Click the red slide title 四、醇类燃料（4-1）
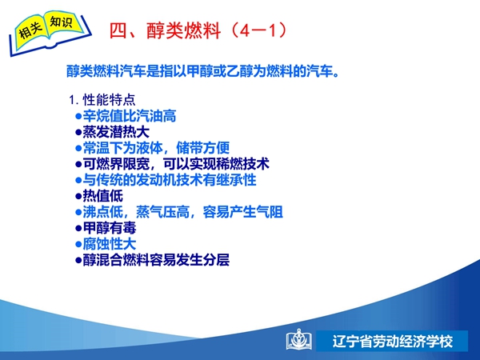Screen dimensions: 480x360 click(198, 30)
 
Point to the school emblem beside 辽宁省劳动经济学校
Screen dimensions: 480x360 click(299, 339)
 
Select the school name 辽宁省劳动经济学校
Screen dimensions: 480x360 click(392, 342)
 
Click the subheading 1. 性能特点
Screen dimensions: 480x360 click(102, 100)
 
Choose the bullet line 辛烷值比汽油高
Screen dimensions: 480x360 click(126, 116)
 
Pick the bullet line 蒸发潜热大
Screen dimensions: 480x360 click(112, 132)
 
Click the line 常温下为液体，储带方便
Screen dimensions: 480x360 click(153, 148)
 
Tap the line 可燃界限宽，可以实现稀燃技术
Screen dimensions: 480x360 click(172, 164)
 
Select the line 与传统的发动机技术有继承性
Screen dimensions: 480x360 click(166, 180)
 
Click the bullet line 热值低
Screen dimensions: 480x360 click(99, 196)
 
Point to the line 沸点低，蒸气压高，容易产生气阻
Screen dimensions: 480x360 click(179, 212)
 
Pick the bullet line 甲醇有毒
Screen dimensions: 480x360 click(106, 228)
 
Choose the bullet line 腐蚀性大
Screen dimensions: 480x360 click(106, 244)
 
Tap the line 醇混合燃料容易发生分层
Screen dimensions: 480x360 click(153, 260)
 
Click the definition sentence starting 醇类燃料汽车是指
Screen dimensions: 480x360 click(202, 71)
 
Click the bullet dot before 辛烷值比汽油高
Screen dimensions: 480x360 click(78, 116)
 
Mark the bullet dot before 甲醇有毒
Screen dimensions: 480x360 click(78, 228)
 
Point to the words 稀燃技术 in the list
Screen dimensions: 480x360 click(242, 164)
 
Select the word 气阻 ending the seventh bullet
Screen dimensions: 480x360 click(270, 212)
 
